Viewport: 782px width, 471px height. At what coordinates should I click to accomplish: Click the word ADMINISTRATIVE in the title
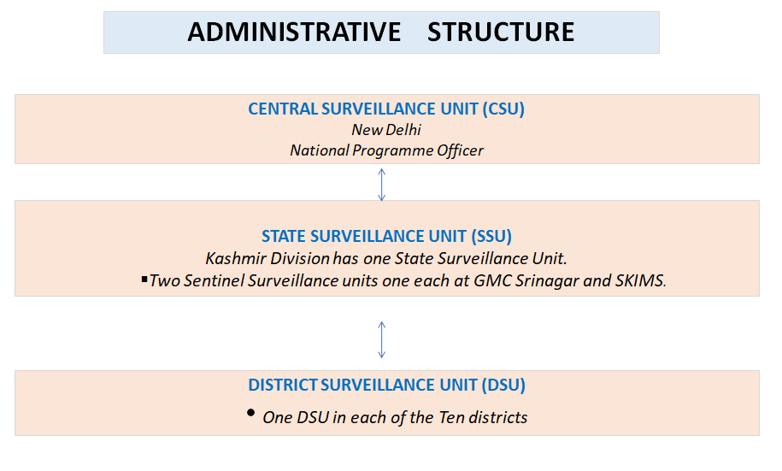[x=294, y=32]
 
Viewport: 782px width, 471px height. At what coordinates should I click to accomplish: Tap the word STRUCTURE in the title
[x=501, y=32]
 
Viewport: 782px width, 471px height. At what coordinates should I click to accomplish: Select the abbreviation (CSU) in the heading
[x=503, y=109]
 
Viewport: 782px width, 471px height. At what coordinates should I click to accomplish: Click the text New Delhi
[x=386, y=130]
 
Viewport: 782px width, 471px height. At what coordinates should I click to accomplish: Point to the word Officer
[x=460, y=150]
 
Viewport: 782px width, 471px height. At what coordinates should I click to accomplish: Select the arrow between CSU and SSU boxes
[x=381, y=185]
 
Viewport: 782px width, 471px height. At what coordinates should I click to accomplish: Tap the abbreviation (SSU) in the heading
[x=491, y=236]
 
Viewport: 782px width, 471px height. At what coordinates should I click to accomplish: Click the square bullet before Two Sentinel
[x=144, y=280]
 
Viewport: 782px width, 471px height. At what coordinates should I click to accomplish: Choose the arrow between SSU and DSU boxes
[x=381, y=339]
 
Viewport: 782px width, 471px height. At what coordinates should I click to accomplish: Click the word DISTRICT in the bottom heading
[x=282, y=386]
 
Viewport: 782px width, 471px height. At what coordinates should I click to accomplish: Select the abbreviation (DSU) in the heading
[x=503, y=386]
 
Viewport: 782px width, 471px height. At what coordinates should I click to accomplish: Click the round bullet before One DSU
[x=251, y=413]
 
